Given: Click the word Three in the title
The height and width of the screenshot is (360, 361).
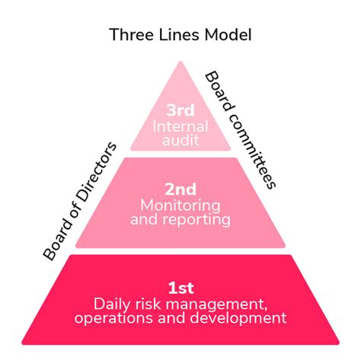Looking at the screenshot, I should tap(129, 35).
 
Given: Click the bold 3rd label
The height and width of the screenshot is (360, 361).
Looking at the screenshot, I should tap(180, 110).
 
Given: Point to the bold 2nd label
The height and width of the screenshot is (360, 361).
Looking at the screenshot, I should tap(180, 189).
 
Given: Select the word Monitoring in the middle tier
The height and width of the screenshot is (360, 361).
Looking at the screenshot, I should tap(180, 205).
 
